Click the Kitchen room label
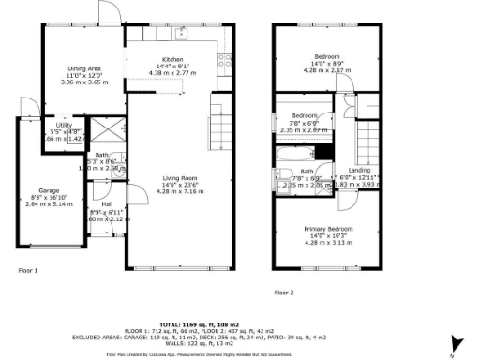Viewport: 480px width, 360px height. [x=172, y=59]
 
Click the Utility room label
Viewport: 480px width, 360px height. [x=64, y=125]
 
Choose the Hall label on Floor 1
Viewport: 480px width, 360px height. [x=107, y=203]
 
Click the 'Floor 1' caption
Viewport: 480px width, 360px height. [x=29, y=270]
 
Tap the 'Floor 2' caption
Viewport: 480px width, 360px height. [x=284, y=292]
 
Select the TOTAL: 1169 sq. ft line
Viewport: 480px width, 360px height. [x=240, y=322]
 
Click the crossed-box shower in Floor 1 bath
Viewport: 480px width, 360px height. [x=97, y=130]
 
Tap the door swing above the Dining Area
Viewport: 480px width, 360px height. [x=105, y=13]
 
